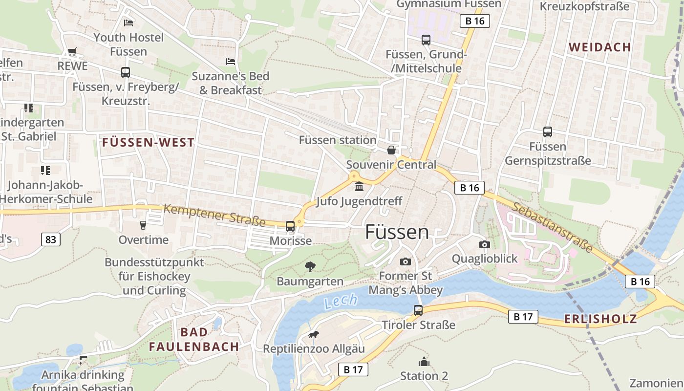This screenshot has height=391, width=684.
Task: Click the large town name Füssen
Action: [x=397, y=232]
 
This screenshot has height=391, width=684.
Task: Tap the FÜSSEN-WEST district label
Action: [x=148, y=142]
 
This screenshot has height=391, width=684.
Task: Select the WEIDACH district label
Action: [x=600, y=47]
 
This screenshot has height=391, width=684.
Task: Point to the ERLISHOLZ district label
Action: [x=600, y=319]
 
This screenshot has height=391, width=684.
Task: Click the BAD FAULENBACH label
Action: [x=194, y=339]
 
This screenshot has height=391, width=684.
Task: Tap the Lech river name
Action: [x=341, y=302]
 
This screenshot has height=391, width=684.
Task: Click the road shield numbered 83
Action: [x=51, y=239]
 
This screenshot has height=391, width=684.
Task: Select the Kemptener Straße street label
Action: [x=214, y=216]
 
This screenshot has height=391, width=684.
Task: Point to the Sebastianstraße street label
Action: [x=552, y=226]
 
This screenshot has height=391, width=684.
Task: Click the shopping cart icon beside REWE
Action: [x=72, y=51]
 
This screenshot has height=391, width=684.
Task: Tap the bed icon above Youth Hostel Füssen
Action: [x=128, y=22]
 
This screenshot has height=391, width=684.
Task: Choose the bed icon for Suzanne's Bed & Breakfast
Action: [x=231, y=62]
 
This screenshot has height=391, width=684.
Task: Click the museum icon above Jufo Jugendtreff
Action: [x=359, y=186]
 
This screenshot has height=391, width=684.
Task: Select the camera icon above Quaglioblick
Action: [x=484, y=244]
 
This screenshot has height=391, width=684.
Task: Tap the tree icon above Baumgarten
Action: [x=310, y=266]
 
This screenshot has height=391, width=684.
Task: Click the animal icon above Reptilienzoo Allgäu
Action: [x=314, y=334]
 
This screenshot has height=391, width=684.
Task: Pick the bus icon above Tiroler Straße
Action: [x=418, y=310]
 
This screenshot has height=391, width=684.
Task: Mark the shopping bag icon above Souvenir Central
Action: [x=391, y=150]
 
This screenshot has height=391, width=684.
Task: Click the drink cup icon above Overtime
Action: [x=143, y=225]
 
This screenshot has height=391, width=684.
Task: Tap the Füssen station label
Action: [x=338, y=140]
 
